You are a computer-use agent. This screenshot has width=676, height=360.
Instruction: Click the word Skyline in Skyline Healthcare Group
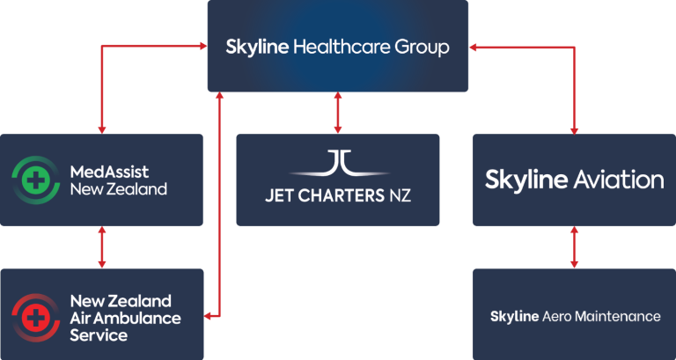257,47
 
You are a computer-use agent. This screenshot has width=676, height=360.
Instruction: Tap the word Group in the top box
422,47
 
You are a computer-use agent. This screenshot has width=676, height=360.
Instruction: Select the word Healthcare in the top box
342,47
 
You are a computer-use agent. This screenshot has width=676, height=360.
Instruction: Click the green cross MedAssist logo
36,180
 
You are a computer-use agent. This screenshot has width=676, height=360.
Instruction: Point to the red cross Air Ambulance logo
36,318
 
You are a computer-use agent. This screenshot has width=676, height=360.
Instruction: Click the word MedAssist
109,172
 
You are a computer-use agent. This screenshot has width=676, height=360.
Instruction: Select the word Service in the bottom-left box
99,335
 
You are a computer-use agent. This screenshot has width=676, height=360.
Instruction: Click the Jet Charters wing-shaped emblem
338,164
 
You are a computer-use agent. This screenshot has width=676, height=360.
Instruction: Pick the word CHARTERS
341,195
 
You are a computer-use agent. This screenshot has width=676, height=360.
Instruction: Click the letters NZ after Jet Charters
400,195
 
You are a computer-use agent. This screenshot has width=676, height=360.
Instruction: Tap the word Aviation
619,180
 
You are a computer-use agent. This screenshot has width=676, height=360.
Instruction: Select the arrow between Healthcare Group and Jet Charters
338,113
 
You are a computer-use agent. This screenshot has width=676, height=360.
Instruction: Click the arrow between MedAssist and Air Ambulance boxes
102,247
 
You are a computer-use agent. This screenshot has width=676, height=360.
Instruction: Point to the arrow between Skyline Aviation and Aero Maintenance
574,247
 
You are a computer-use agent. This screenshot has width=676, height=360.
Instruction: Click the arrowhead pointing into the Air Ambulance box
207,317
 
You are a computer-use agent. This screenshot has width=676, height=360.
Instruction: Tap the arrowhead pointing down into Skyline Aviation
574,130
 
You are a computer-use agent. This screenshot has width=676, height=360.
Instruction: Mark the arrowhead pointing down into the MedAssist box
102,130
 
